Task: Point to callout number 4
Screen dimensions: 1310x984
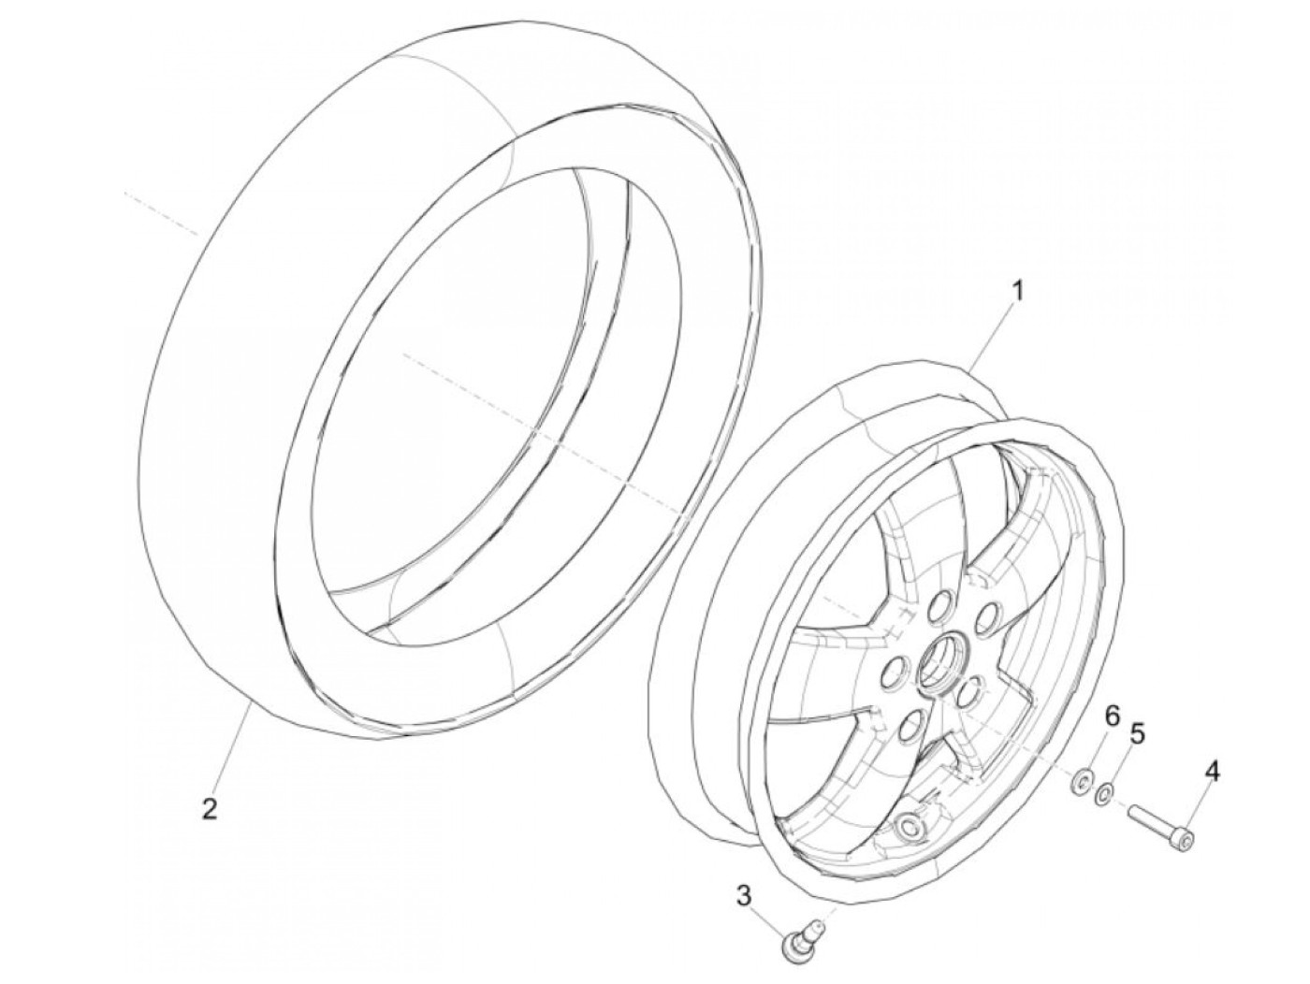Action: (1211, 772)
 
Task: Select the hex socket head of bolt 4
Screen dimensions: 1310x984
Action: (1187, 843)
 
